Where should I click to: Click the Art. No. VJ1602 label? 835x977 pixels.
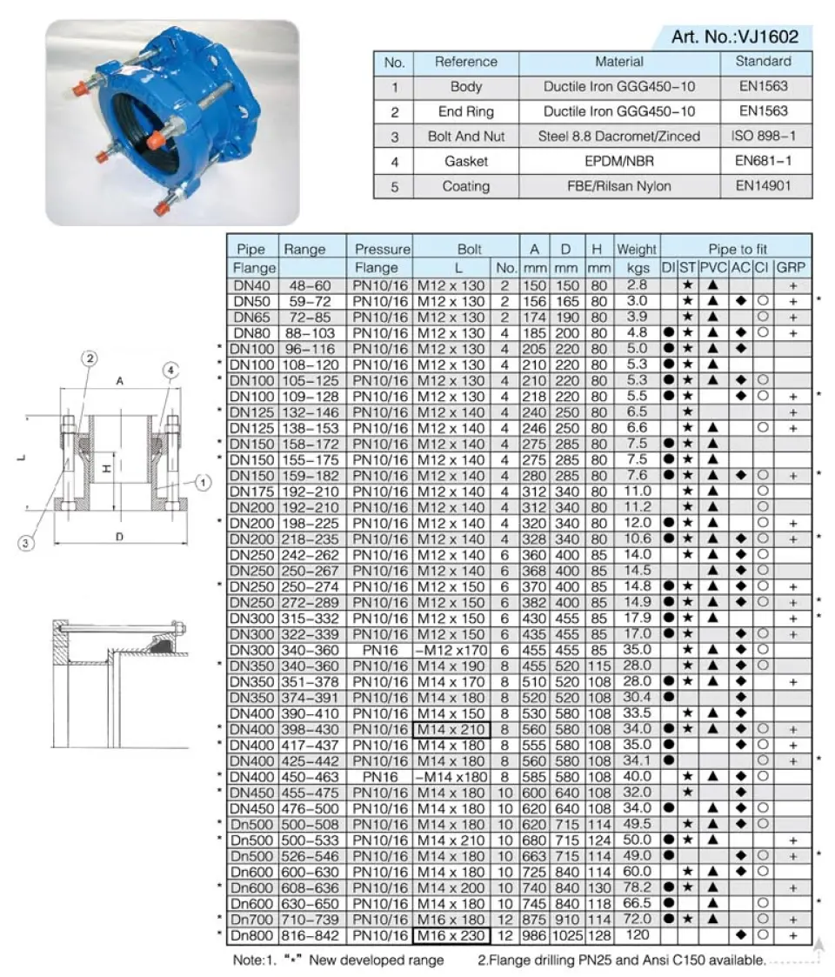pos(734,37)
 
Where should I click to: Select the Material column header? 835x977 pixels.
pos(619,62)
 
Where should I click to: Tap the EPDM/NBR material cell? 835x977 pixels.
pos(619,161)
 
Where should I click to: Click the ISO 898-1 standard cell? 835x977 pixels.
pos(763,137)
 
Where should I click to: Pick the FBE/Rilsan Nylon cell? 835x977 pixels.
pos(619,186)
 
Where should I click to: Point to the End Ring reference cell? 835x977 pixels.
pos(466,111)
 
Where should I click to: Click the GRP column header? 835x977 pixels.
pos(792,267)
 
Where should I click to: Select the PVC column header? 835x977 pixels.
pos(713,267)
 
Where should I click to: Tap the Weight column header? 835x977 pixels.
pos(637,250)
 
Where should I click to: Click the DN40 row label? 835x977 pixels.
pos(253,284)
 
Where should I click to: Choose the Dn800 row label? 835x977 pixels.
pos(253,935)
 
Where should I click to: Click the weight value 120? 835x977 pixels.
pos(637,935)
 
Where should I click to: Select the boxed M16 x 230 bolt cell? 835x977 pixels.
pos(451,935)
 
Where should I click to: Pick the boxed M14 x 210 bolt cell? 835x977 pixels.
pos(451,728)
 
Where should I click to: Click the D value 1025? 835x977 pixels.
pos(567,935)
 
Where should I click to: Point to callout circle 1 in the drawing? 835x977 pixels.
pos(202,482)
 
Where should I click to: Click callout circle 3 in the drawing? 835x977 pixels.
pos(28,543)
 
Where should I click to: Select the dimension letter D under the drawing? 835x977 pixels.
pos(119,537)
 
